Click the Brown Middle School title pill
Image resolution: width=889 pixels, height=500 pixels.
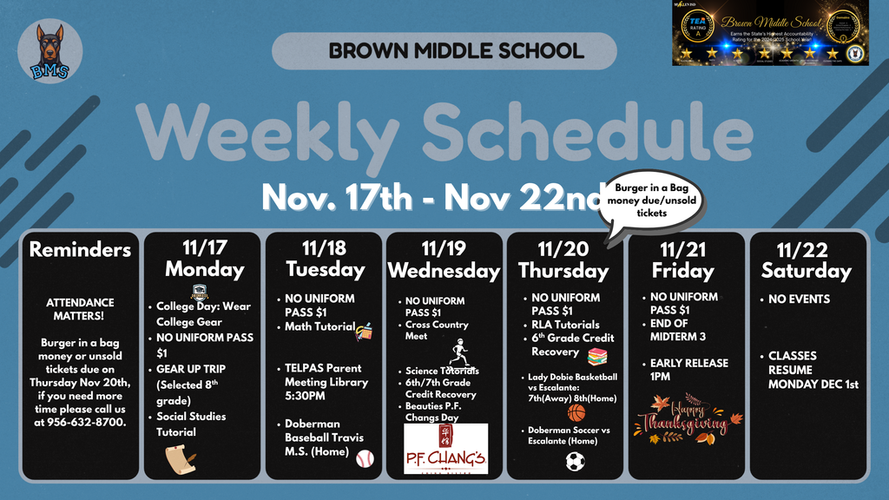444,51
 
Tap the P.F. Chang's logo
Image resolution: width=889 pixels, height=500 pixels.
446,449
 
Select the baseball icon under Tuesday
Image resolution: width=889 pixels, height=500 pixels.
365,457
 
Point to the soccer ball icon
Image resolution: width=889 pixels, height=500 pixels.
575,461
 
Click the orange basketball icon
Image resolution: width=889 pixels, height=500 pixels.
576,412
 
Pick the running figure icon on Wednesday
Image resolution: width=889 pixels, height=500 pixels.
459,352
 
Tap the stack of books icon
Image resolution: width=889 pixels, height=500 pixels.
596,356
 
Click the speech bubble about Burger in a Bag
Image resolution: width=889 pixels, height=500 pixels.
652,201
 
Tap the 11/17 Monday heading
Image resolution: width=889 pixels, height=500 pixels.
204,259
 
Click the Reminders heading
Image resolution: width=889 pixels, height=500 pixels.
80,250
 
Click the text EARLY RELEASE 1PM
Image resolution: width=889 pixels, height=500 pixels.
689,370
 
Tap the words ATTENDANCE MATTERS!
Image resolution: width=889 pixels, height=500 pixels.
80,309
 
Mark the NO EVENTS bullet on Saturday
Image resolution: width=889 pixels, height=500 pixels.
799,299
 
